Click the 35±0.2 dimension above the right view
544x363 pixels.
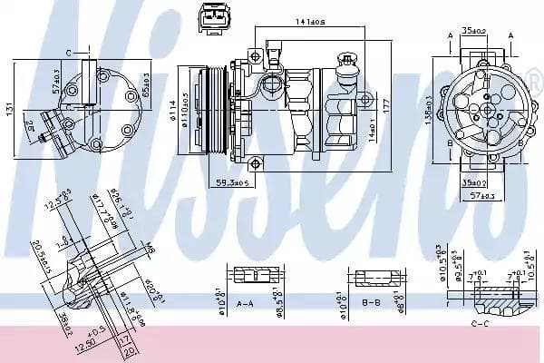tap(473, 30)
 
